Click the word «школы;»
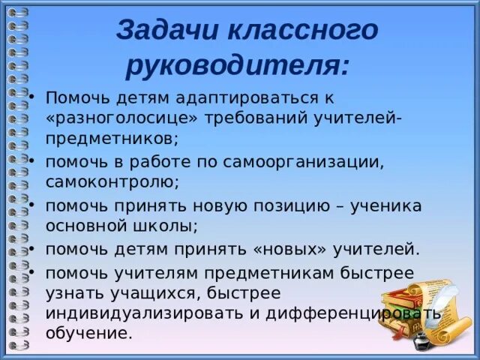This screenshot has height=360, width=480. coord(168,226)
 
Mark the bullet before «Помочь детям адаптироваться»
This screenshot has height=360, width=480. coord(32,97)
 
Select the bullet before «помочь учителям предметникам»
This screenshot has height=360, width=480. coord(32,270)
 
